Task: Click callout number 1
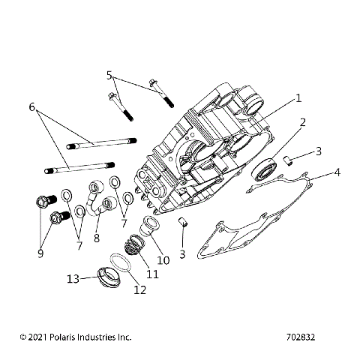pyautogui.click(x=298, y=98)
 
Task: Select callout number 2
pyautogui.click(x=302, y=121)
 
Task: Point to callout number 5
pyautogui.click(x=109, y=75)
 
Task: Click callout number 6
pyautogui.click(x=32, y=107)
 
